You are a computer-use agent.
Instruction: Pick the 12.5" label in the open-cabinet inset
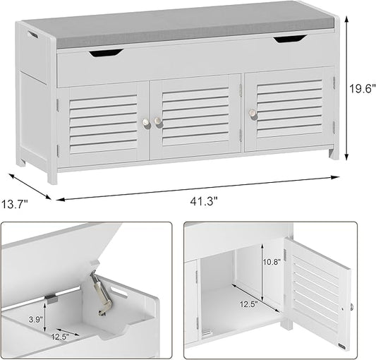click(244, 306)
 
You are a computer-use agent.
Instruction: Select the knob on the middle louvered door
click(159, 121)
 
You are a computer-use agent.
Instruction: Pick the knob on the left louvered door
click(146, 123)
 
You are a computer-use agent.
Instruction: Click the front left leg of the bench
click(52, 174)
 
